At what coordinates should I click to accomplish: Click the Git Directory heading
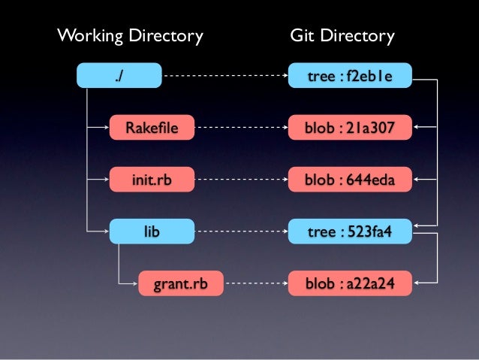pyautogui.click(x=342, y=35)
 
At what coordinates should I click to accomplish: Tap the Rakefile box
pyautogui.click(x=152, y=128)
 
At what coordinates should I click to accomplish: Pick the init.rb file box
pyautogui.click(x=152, y=180)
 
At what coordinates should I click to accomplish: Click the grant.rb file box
pyautogui.click(x=180, y=284)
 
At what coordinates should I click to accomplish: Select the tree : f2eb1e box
pyautogui.click(x=350, y=76)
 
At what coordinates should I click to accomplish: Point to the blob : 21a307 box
pyautogui.click(x=350, y=128)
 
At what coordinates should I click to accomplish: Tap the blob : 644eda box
pyautogui.click(x=350, y=180)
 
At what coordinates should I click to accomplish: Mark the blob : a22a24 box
pyautogui.click(x=350, y=284)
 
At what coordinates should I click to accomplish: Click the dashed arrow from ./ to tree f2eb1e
pyautogui.click(x=225, y=76)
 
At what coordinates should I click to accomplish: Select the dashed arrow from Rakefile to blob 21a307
pyautogui.click(x=240, y=128)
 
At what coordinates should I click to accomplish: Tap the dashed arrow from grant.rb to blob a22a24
pyautogui.click(x=255, y=284)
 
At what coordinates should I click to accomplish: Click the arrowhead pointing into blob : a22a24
pyautogui.click(x=417, y=284)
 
